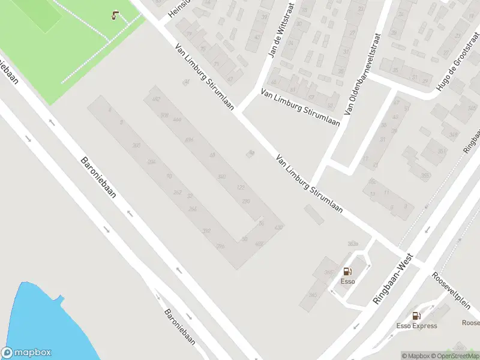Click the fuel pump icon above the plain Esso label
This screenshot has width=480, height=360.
coord(347,271)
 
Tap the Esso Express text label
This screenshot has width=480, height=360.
coord(416,326)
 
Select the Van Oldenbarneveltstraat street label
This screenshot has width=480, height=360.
coord(362,74)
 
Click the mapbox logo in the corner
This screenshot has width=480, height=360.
coord(26,352)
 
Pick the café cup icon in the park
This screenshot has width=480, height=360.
coord(115,16)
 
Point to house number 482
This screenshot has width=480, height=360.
coord(157,99)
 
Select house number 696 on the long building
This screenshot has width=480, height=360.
coord(190,140)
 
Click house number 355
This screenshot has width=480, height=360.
coord(426,175)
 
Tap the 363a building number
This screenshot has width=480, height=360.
coord(353,244)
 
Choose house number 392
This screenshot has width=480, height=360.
coord(206,231)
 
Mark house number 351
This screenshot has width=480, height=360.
coord(442,151)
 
